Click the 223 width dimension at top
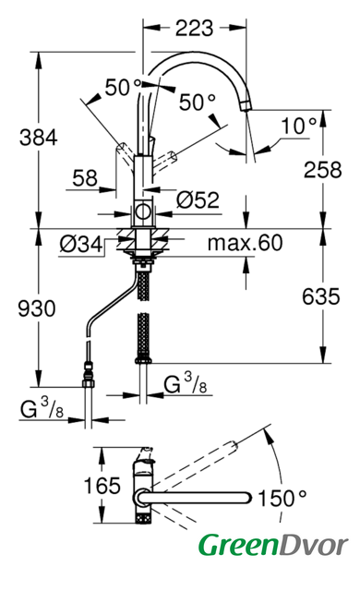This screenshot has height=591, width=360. click(195, 29)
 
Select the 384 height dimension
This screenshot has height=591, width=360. click(39, 138)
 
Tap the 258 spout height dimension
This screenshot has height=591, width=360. click(323, 169)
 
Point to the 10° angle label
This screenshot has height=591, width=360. click(300, 126)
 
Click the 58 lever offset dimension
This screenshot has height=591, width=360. click(85, 178)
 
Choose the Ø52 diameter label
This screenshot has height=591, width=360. click(198, 199)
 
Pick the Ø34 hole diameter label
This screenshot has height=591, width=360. click(81, 244)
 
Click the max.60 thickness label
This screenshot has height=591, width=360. click(245, 243)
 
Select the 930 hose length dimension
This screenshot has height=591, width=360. click(37, 308)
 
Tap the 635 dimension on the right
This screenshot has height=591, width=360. click(321, 296)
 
